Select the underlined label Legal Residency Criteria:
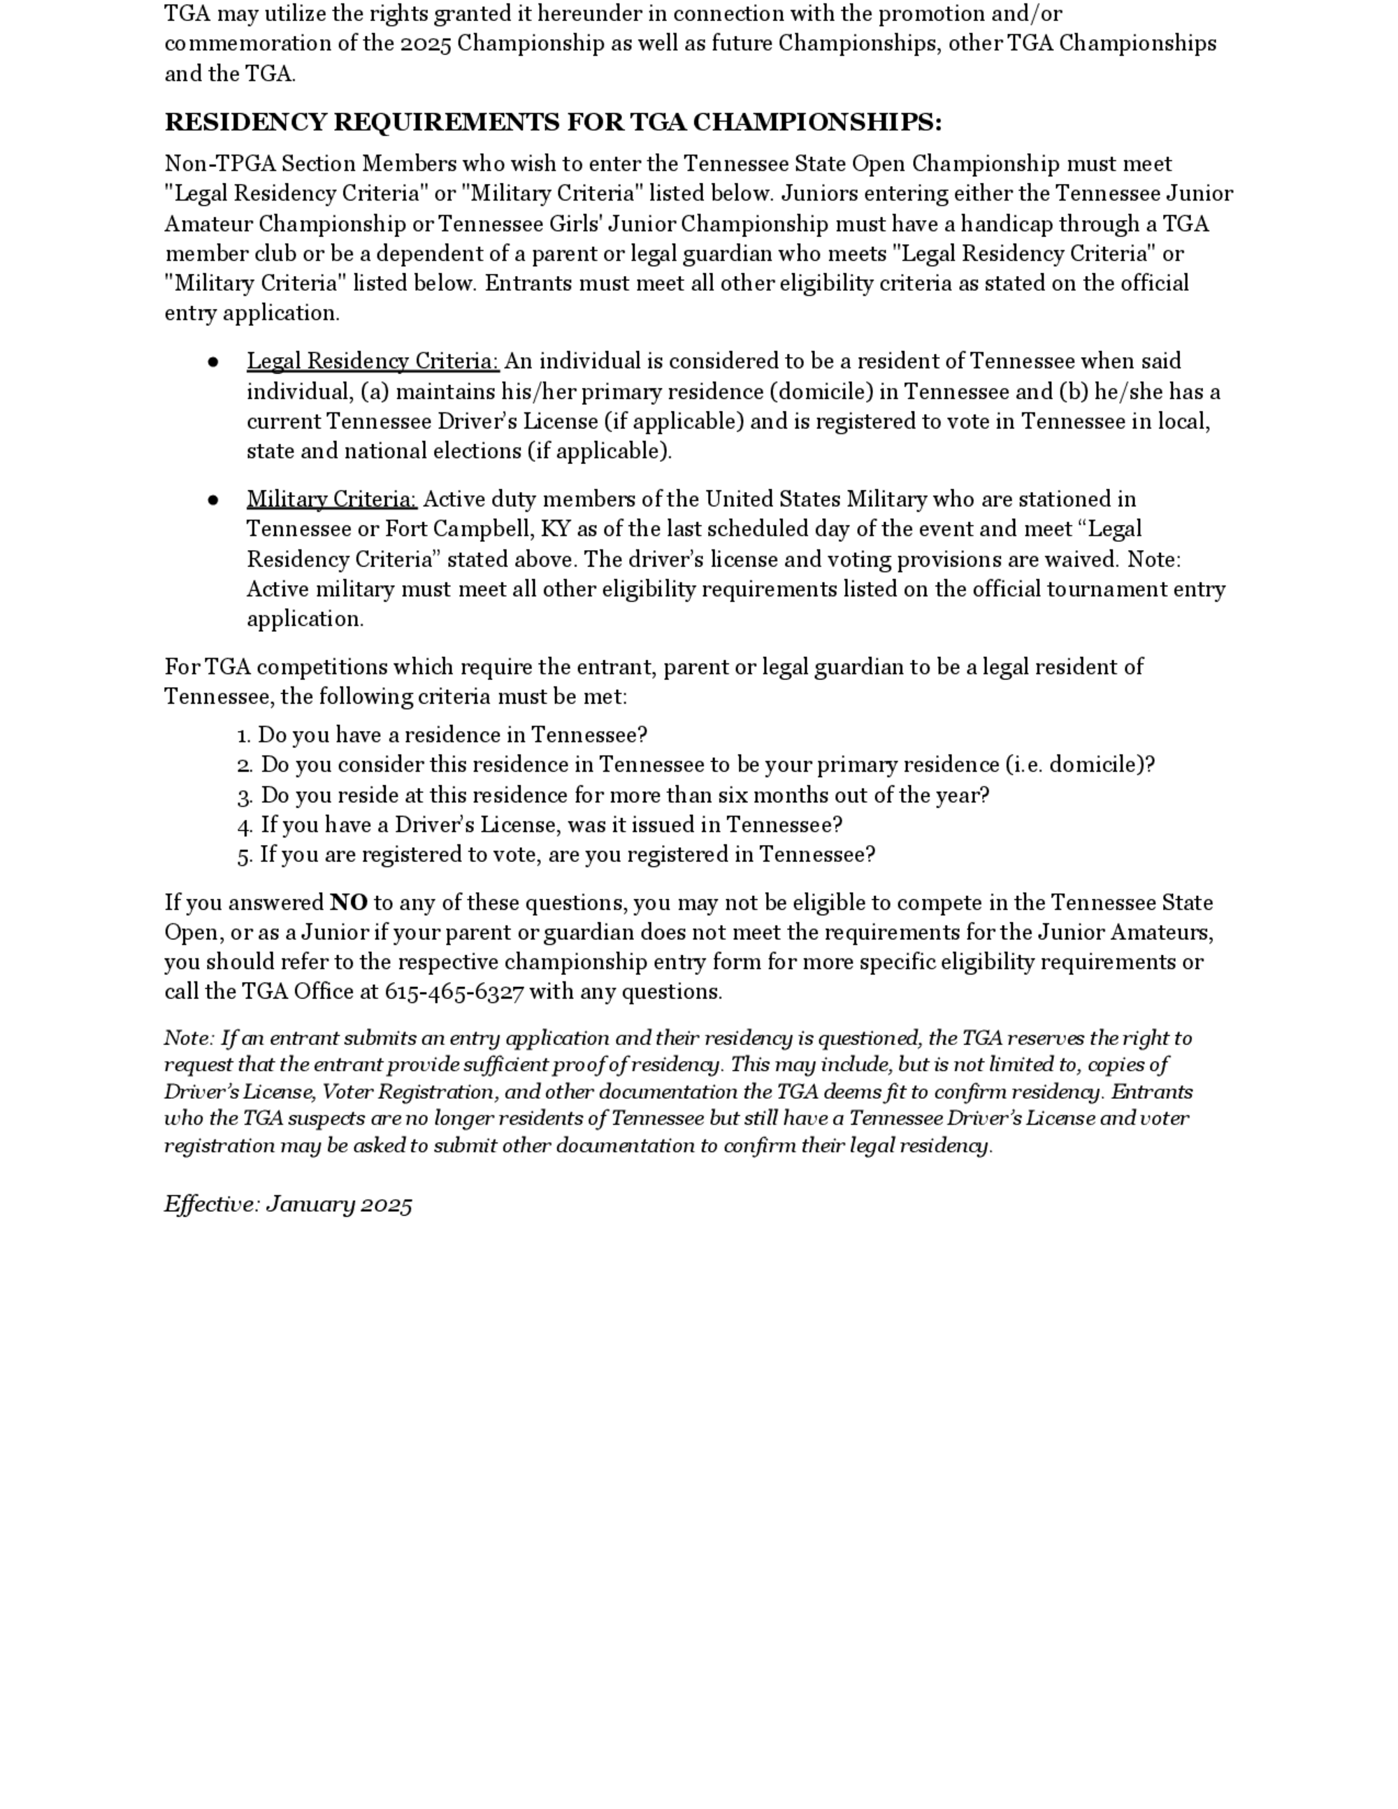click(x=373, y=362)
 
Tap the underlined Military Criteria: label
click(x=332, y=500)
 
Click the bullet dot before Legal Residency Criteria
click(x=214, y=362)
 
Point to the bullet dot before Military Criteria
click(x=214, y=500)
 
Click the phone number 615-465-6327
click(x=454, y=993)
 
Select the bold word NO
click(x=349, y=903)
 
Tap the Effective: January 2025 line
click(x=288, y=1204)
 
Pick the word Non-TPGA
click(x=219, y=164)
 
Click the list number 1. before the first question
click(x=243, y=736)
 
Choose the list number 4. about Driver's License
click(x=245, y=826)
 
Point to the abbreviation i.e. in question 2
click(x=1026, y=765)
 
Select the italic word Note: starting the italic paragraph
click(x=189, y=1039)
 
